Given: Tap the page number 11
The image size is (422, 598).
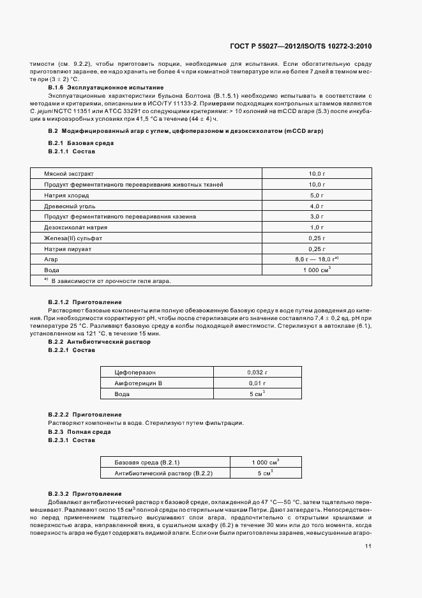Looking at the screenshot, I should tap(368, 546).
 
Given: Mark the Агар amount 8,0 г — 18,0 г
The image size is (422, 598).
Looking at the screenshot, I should tap(315, 259).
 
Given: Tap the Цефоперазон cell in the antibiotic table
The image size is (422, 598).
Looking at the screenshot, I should tap(135, 371).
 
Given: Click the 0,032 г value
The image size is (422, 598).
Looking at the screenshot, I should tap(257, 371).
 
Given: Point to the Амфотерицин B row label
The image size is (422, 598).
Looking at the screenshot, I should tap(139, 383).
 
